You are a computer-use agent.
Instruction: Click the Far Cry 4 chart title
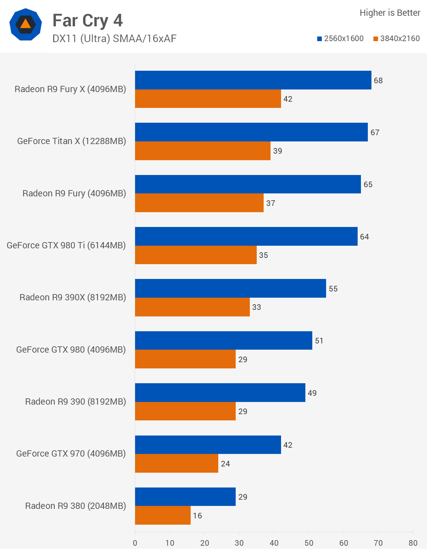click(87, 21)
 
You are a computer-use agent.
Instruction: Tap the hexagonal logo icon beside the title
click(26, 24)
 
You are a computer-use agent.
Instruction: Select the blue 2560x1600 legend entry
click(340, 38)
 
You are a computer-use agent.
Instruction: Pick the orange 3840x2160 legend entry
click(396, 38)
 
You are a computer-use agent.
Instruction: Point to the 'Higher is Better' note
click(390, 13)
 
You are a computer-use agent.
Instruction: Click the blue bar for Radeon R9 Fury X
click(253, 80)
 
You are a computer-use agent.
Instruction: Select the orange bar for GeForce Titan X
click(202, 151)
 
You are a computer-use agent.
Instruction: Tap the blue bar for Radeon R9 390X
click(230, 288)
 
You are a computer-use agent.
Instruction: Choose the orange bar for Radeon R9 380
click(163, 515)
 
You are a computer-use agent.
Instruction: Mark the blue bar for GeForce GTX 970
click(208, 445)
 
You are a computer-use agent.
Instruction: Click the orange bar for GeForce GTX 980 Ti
click(196, 255)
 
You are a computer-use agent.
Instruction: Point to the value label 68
click(378, 81)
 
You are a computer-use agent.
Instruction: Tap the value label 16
click(197, 515)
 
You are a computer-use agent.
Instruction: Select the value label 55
click(333, 289)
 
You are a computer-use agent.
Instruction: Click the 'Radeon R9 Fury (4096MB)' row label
click(74, 193)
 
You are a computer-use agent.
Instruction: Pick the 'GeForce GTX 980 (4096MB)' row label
click(71, 350)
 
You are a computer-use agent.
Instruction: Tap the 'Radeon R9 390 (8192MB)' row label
click(76, 402)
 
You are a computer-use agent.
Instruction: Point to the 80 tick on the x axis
click(413, 543)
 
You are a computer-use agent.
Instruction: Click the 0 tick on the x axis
click(135, 543)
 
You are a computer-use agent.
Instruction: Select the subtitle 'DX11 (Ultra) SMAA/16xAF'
click(114, 38)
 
